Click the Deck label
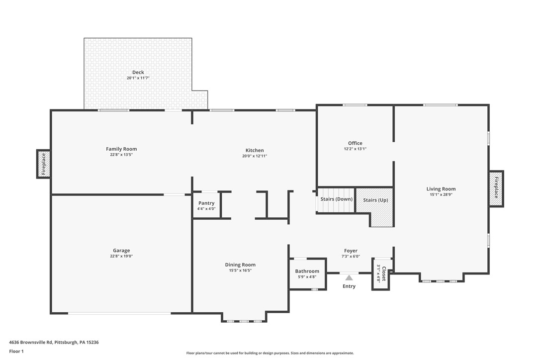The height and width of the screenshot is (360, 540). tap(138, 73)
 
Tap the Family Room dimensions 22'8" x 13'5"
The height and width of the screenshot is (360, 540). tap(121, 155)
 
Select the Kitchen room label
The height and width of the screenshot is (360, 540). tap(255, 150)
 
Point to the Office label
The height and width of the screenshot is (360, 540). tap(355, 143)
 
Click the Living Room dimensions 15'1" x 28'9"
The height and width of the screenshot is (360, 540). tap(441, 195)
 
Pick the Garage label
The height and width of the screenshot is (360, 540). tap(121, 251)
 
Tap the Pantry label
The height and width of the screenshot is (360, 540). tap(206, 203)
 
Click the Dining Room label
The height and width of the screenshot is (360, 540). tap(240, 265)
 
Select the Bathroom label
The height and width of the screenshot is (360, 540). tap(307, 271)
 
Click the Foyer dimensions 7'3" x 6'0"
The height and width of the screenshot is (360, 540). tap(351, 257)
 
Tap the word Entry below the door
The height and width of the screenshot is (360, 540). tap(349, 286)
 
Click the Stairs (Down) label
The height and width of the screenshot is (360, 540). tap(337, 199)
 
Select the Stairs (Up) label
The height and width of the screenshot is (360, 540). tap(375, 200)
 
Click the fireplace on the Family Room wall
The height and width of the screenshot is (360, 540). tap(43, 164)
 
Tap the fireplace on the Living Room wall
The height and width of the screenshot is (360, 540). tap(496, 188)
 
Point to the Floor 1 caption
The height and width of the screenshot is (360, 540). tap(16, 352)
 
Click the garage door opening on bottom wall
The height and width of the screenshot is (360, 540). tap(119, 313)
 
